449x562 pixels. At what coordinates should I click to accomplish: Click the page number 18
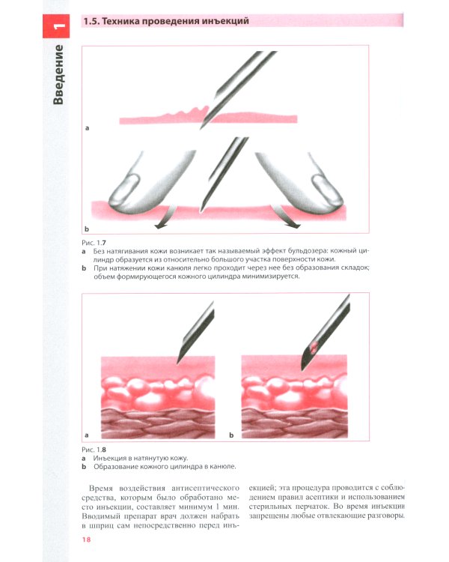[86, 540]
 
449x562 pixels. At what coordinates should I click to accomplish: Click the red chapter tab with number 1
[56, 26]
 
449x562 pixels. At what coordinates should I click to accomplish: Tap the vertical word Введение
[58, 74]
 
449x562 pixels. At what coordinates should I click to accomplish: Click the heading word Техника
[120, 21]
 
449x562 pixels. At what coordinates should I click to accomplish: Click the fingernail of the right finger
[327, 190]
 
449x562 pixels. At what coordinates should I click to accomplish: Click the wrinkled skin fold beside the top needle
[187, 112]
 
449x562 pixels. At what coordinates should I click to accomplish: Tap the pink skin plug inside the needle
[314, 347]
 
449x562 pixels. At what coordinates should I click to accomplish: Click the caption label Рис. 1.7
[94, 243]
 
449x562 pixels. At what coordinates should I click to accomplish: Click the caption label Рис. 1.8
[94, 450]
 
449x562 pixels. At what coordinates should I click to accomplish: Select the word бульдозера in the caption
[303, 251]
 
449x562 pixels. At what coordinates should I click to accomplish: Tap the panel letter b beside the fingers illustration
[86, 229]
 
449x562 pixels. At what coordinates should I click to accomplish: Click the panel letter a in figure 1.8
[86, 435]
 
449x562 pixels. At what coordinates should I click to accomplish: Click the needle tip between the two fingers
[202, 210]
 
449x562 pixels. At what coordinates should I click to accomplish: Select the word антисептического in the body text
[206, 488]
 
